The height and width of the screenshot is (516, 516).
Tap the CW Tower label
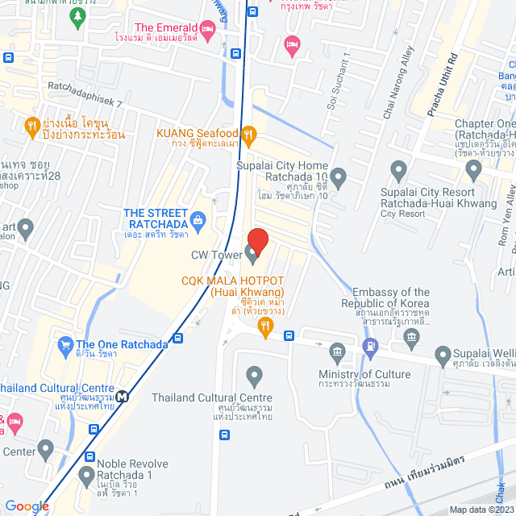click(216, 256)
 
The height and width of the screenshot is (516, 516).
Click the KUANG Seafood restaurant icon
click(249, 134)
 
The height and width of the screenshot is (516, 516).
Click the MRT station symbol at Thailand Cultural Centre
click(122, 396)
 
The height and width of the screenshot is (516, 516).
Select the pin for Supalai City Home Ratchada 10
click(339, 176)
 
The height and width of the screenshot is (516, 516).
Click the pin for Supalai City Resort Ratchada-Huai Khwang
click(397, 171)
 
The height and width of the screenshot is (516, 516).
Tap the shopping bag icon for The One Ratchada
click(65, 345)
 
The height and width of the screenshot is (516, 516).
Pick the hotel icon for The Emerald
click(208, 31)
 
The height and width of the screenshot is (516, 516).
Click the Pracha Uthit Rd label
click(441, 84)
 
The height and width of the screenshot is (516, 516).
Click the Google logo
click(27, 506)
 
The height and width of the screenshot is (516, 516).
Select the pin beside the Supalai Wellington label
click(442, 353)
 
